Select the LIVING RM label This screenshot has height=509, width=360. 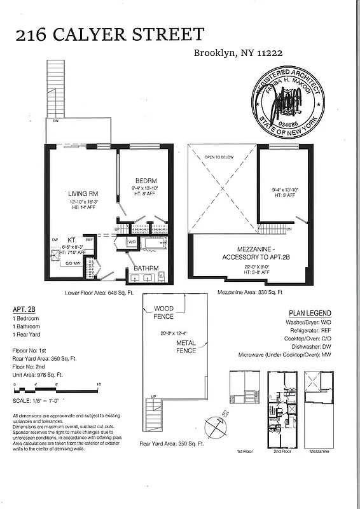click(83, 193)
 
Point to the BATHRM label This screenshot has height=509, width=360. click(146, 268)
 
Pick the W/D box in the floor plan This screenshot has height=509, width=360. click(132, 242)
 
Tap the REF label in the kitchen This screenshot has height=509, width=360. click(90, 240)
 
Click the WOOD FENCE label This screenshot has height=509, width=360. click(163, 312)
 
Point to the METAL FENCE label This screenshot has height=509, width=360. click(186, 346)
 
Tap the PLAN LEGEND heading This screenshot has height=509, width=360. click(310, 313)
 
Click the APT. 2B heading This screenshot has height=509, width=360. click(24, 309)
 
